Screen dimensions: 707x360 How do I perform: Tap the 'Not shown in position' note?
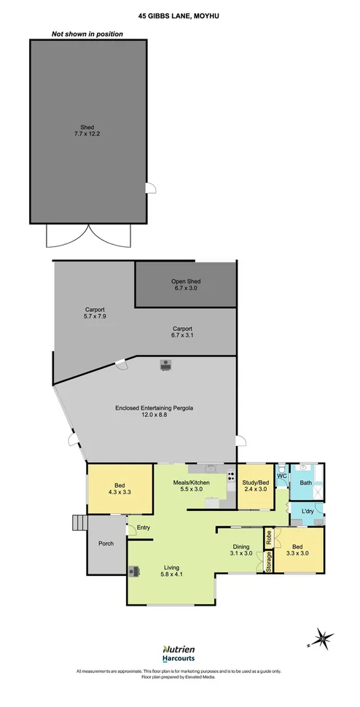pos(87,34)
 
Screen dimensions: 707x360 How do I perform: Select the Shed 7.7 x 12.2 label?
pos(87,130)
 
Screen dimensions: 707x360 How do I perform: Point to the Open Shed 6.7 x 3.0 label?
pos(184,284)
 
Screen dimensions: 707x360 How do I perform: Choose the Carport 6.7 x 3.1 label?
pos(181,332)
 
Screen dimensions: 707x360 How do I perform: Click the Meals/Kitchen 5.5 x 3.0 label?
pos(191,485)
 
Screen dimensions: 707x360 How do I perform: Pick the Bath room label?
pos(305,483)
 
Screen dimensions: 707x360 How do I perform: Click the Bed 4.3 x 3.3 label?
pos(120,489)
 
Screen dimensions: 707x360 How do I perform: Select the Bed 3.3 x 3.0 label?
pos(297,550)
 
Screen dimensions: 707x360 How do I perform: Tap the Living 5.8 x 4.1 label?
pos(171,571)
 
